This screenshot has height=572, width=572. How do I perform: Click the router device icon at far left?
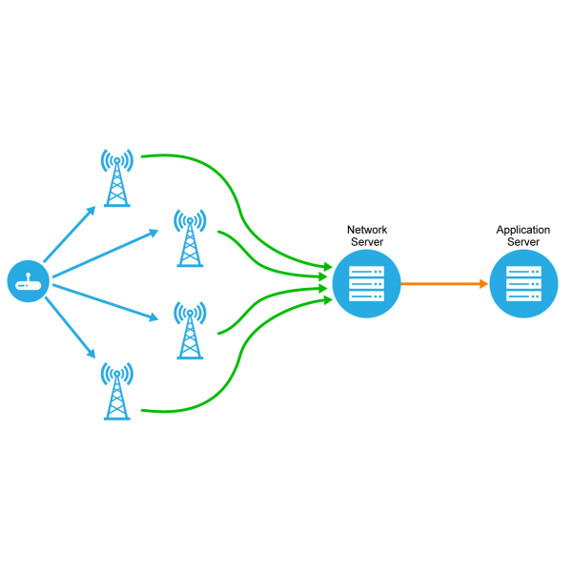coord(29,282)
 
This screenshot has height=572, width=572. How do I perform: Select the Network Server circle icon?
coord(366,283)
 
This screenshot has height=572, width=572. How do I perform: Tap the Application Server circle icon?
coord(523,283)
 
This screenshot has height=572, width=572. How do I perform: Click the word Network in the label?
coord(367,230)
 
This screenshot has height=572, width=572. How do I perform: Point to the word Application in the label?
coord(523,230)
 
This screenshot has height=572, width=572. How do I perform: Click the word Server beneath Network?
coord(367,242)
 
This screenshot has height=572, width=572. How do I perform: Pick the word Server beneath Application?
coord(523,242)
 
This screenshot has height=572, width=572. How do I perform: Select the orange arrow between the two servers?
coord(439,283)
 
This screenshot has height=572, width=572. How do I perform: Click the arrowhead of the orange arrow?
coord(482,283)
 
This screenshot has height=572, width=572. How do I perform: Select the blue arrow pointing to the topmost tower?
coord(69,234)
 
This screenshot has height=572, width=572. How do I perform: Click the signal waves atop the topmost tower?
coord(117,158)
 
